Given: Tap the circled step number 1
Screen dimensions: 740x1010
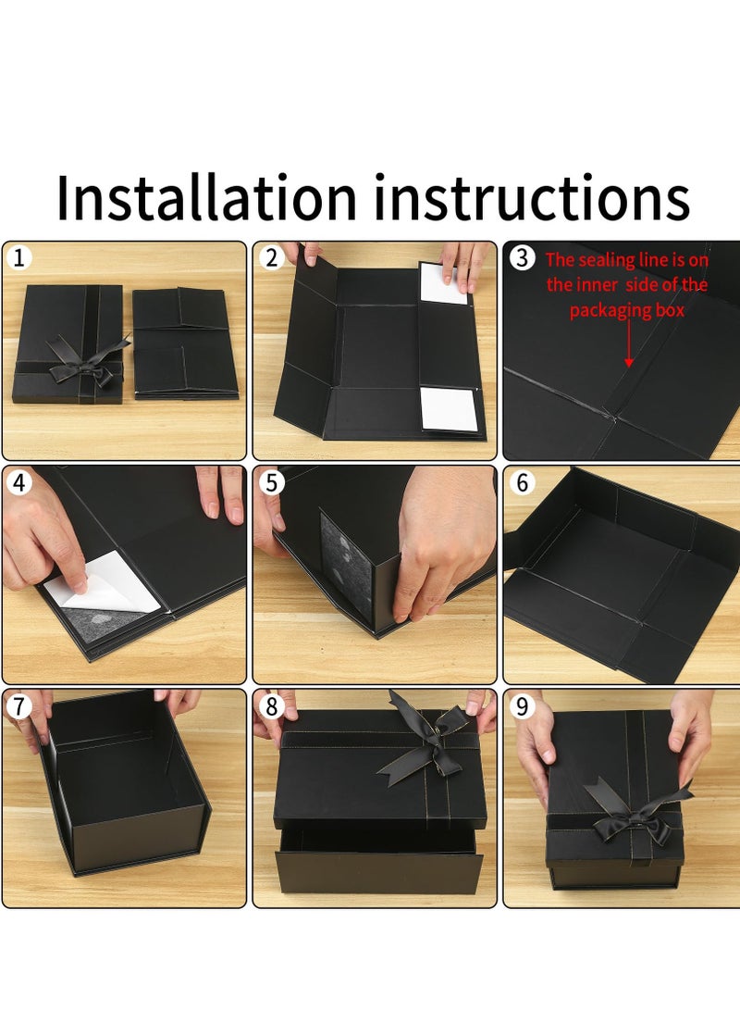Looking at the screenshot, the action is coord(18,257).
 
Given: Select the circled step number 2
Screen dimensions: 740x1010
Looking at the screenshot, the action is coord(271,257).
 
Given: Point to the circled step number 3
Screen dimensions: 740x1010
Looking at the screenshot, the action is coord(522,257).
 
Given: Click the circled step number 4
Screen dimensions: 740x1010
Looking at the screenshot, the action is coord(18,482).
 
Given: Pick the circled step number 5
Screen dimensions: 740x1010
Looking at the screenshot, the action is coord(271,482).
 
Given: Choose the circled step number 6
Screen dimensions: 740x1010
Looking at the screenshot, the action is coord(522,482).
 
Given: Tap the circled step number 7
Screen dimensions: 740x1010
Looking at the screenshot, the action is coord(18,706).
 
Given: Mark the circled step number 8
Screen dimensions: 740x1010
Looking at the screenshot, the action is coord(271,706).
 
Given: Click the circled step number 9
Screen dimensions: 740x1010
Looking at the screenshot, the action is coord(522,706).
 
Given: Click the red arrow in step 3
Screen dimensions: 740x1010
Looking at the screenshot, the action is coord(629,343).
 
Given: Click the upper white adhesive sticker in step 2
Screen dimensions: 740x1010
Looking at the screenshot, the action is coord(443,282).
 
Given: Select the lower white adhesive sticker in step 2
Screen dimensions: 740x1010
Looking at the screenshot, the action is coord(450,410).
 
